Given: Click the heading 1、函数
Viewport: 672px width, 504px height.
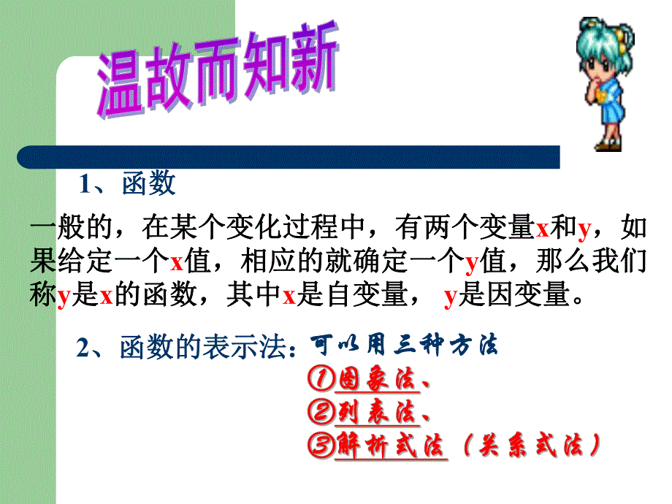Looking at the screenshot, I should tap(128, 184).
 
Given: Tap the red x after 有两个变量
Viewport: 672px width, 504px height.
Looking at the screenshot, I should tap(542, 229).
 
